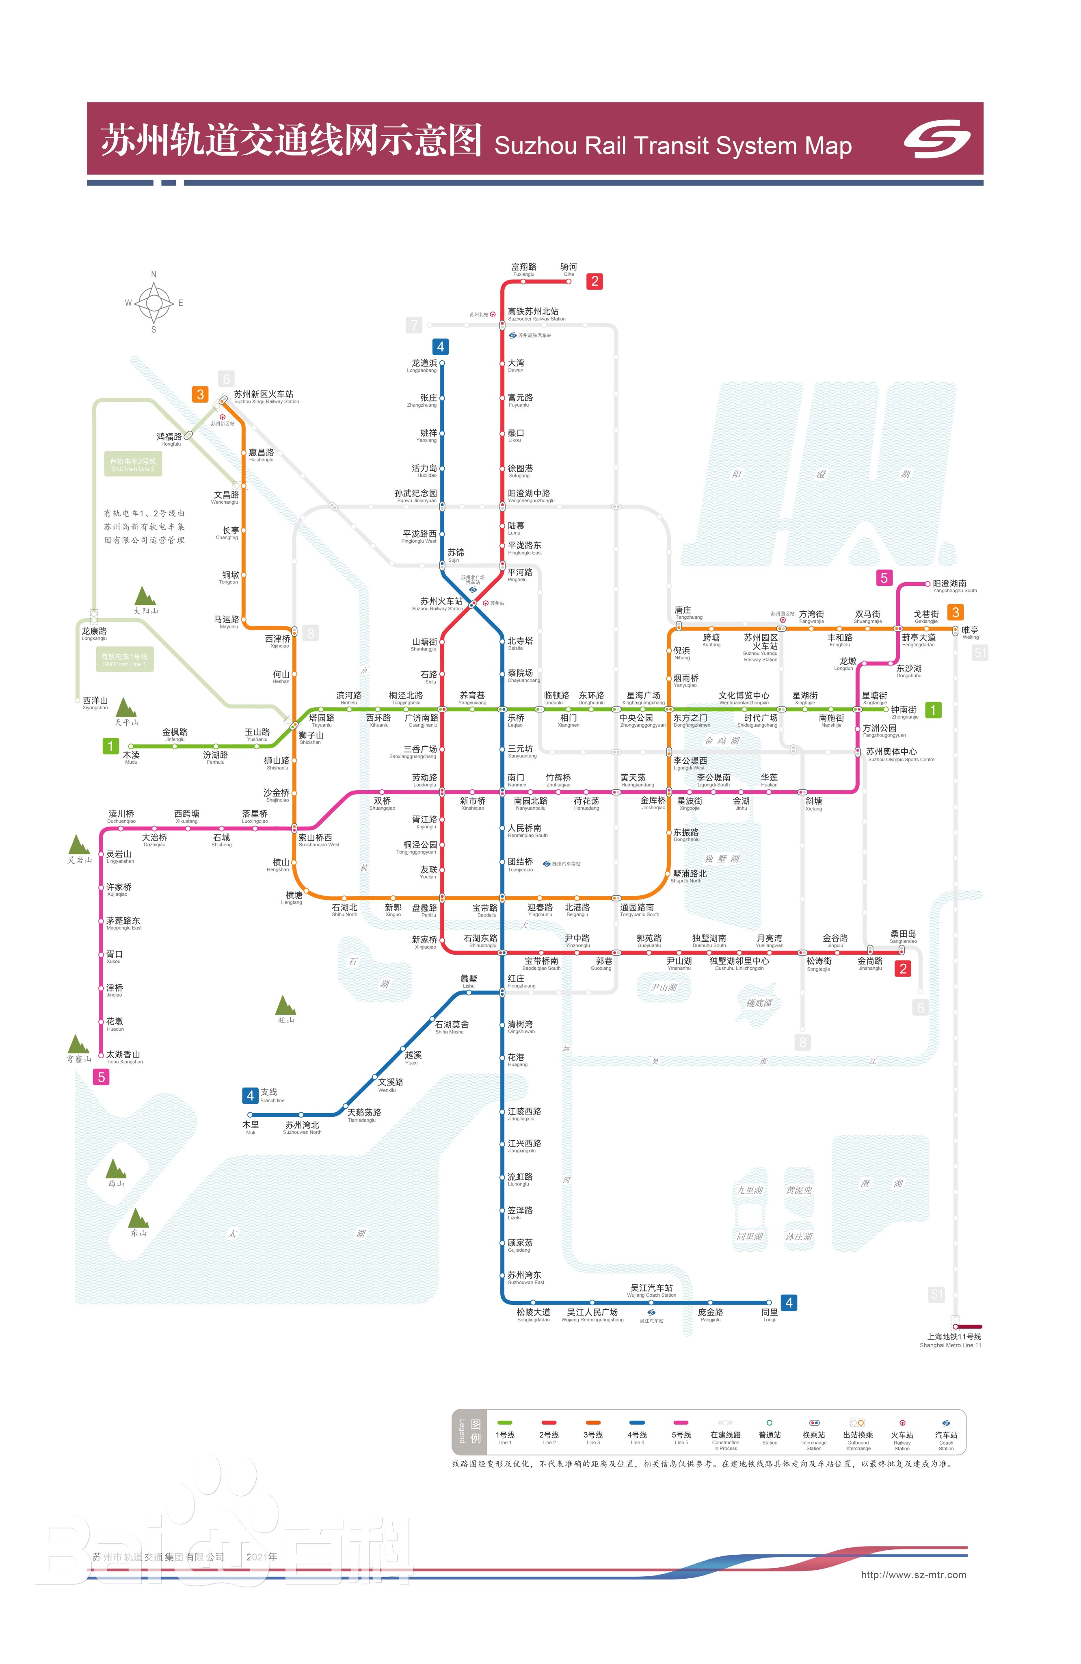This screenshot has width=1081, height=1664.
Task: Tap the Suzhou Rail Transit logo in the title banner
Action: point(936,139)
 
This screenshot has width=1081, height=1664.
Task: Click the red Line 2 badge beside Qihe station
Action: point(594,281)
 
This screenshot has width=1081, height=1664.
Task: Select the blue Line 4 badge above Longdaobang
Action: point(440,347)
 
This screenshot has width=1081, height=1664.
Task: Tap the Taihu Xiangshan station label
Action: point(124,1056)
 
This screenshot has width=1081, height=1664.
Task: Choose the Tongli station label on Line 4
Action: point(770,1314)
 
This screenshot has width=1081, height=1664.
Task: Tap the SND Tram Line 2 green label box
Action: point(133,464)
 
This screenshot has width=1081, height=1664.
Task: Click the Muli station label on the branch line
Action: point(250,1127)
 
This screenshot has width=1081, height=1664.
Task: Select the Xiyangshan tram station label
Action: point(95,702)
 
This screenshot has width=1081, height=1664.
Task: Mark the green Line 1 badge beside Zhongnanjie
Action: point(932,711)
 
